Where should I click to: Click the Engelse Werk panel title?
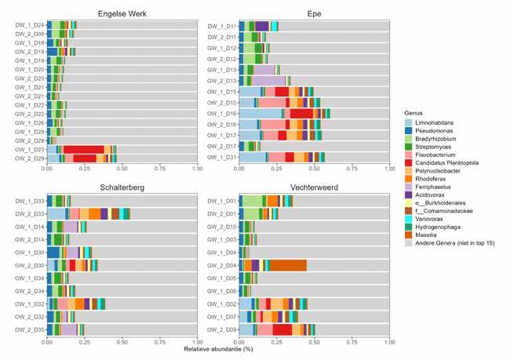tap(122, 13)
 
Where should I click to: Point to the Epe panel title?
tap(314, 13)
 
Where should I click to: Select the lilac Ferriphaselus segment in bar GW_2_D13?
tap(269, 81)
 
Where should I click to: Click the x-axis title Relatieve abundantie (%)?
tap(218, 347)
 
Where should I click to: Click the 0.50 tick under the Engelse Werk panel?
tap(122, 168)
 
